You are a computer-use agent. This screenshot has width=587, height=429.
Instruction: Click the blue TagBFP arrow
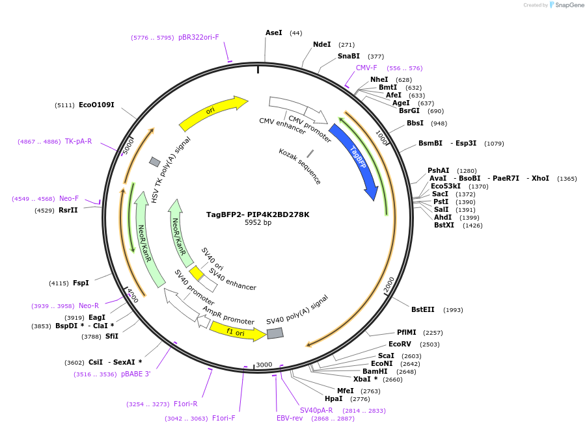355,160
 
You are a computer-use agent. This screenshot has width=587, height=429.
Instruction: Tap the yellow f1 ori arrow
237,331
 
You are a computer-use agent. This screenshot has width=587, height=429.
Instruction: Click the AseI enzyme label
274,32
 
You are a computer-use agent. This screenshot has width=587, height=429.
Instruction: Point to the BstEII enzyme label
423,309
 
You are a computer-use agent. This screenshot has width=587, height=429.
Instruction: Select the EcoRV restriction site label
400,344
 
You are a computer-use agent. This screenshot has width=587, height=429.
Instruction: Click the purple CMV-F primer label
366,68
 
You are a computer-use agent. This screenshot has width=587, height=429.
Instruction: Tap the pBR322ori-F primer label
198,37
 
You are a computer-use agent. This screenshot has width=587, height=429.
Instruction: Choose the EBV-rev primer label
290,418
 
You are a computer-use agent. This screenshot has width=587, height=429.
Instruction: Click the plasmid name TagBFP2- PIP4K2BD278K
258,214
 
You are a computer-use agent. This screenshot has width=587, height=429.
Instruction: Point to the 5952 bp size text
258,223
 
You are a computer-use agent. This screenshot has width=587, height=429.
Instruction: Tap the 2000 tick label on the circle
389,285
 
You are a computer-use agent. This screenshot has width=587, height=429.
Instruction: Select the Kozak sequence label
299,166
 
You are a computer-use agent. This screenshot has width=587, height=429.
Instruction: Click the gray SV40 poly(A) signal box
275,333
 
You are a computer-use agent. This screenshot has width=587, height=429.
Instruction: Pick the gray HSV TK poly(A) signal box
155,161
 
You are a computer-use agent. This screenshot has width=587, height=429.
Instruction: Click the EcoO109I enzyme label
96,105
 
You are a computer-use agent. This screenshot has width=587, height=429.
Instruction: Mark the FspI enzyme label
81,283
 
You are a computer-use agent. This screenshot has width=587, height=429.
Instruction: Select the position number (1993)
453,310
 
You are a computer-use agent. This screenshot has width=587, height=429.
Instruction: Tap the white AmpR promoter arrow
204,322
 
